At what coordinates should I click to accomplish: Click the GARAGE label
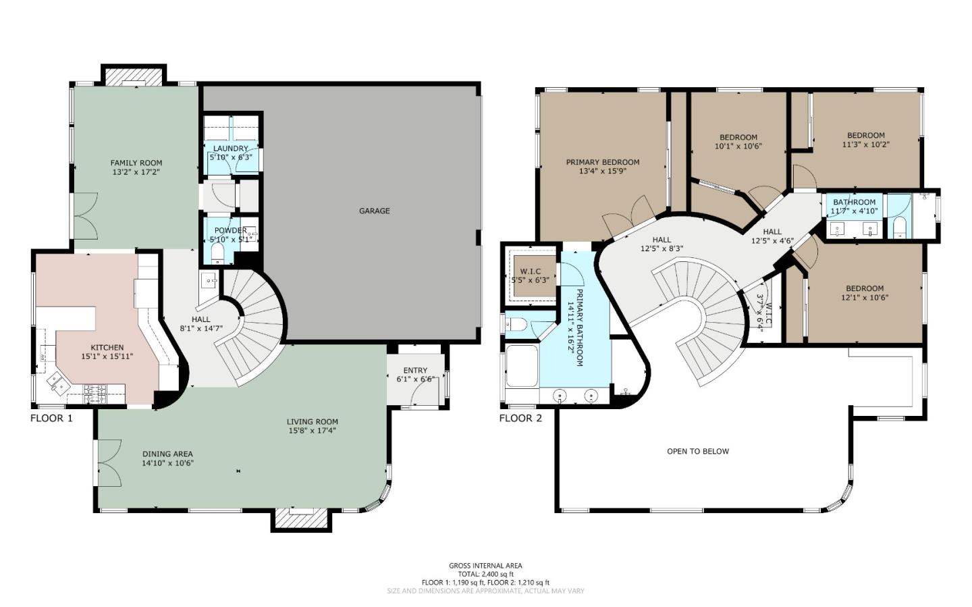(x=374, y=211)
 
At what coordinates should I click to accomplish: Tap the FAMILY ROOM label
(x=136, y=163)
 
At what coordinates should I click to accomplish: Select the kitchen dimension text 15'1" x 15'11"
(x=107, y=357)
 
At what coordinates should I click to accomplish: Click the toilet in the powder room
(x=217, y=253)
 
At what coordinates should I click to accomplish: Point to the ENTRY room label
(x=415, y=370)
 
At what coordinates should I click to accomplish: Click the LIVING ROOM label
(x=313, y=422)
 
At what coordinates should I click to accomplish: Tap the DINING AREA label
(x=167, y=454)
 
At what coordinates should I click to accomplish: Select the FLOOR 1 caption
(x=51, y=419)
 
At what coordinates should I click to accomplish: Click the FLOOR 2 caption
(x=520, y=419)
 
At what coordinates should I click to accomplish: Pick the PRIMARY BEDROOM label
(x=603, y=162)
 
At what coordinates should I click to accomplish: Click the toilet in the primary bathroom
(x=516, y=325)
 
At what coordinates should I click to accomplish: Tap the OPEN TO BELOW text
(x=698, y=451)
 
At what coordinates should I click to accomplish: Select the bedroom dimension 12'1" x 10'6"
(x=865, y=298)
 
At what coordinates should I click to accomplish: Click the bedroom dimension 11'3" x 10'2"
(x=866, y=144)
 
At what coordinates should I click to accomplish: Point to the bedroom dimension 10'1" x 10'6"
(x=738, y=146)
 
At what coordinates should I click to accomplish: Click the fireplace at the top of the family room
(x=133, y=78)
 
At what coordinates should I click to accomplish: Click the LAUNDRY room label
(x=231, y=149)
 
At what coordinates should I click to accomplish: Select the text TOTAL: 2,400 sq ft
(x=485, y=574)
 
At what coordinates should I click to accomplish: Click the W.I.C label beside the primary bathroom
(x=530, y=271)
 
